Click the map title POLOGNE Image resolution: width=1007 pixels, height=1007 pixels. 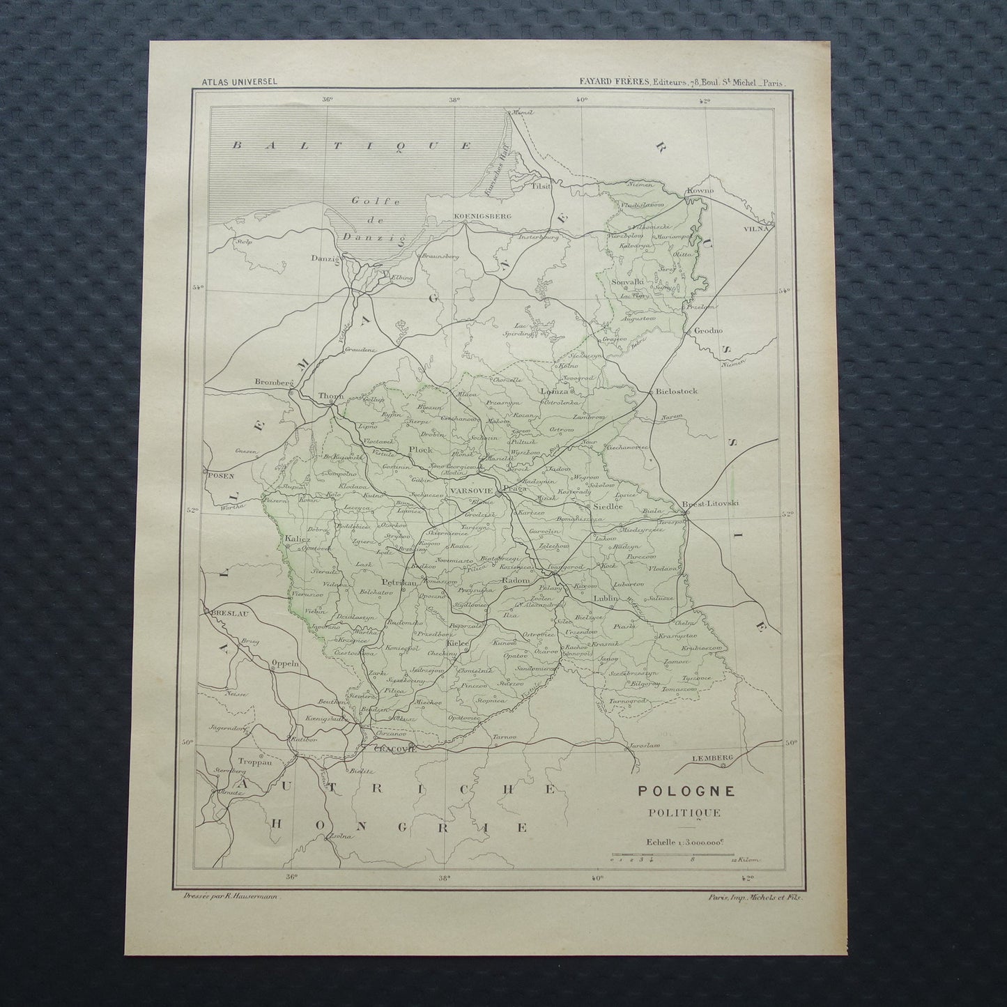[x=675, y=791]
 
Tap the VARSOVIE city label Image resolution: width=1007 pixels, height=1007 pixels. [x=472, y=491]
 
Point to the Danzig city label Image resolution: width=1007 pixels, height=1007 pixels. [x=325, y=259]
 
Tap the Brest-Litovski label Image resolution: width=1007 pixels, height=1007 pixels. [x=711, y=502]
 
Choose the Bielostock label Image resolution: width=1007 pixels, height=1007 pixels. [x=677, y=392]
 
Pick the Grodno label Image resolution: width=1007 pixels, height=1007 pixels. [x=707, y=331]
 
